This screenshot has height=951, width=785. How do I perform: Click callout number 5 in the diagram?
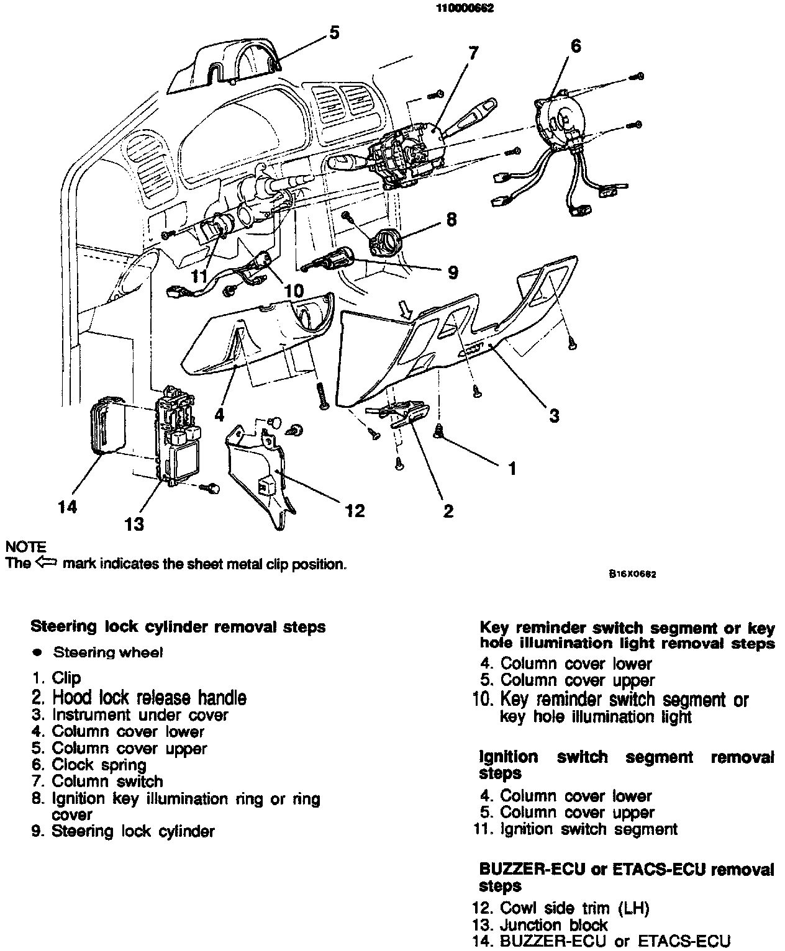(334, 32)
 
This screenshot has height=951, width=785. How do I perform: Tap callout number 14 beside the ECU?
(67, 507)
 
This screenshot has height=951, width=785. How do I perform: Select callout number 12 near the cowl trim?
(355, 510)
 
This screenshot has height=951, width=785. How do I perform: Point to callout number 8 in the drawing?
(451, 219)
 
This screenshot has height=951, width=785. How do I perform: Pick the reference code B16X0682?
(632, 574)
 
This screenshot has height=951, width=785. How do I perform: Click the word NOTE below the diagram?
(25, 547)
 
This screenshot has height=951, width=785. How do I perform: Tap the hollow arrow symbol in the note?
(46, 563)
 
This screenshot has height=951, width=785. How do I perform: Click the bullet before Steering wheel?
(38, 652)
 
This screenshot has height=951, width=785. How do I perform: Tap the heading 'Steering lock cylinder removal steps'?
(178, 626)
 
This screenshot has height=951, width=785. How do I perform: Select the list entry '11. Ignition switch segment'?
(578, 829)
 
